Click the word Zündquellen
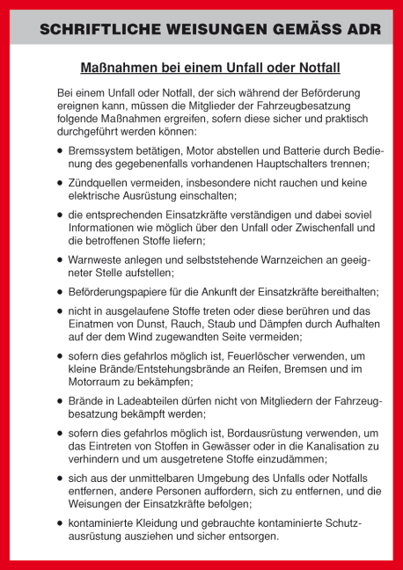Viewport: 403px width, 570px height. tap(101, 183)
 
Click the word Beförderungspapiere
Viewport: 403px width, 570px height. tap(126, 292)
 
